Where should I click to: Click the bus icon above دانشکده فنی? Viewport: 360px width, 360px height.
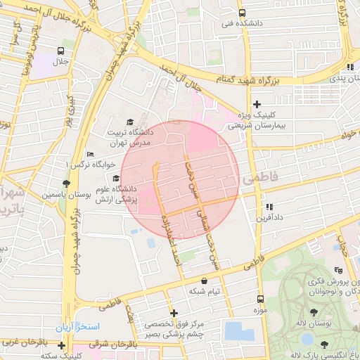(x=242, y=13)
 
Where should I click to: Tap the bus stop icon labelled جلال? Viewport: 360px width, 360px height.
(x=62, y=51)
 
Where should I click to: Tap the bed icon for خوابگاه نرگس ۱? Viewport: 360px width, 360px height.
(x=89, y=155)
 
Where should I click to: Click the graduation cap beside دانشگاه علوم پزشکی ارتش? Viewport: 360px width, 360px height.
(x=115, y=178)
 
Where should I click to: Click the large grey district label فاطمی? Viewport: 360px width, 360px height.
(x=261, y=180)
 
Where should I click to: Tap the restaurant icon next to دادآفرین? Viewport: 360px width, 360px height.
(x=269, y=207)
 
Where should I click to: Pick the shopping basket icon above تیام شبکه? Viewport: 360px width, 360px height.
(x=204, y=281)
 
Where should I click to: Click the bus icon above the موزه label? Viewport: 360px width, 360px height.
(x=260, y=299)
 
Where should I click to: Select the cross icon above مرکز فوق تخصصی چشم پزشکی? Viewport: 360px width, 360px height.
(x=174, y=313)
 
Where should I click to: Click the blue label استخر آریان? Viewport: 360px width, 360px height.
(x=79, y=328)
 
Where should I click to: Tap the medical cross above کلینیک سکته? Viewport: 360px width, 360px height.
(x=62, y=345)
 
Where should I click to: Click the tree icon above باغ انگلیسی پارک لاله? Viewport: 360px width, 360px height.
(x=324, y=344)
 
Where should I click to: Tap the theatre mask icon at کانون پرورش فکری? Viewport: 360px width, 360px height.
(x=340, y=270)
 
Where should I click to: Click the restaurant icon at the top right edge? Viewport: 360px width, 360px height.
(x=349, y=67)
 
